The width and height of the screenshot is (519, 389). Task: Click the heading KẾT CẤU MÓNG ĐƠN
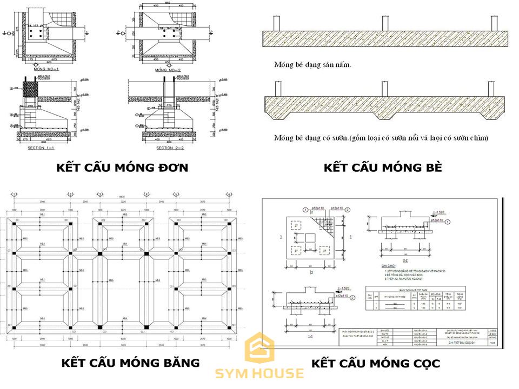[x=122, y=168]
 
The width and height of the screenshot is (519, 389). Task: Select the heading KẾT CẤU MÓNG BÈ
[x=383, y=168]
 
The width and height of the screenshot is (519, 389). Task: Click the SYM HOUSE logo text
[x=259, y=374]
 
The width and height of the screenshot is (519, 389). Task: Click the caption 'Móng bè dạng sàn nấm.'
[x=312, y=65]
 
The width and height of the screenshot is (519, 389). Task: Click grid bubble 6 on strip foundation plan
[x=229, y=194]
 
